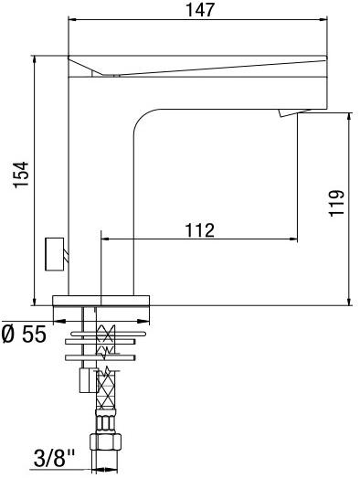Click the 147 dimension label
[x=198, y=10]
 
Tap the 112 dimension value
[x=198, y=228]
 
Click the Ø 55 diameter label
[x=23, y=335]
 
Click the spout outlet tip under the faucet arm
[x=286, y=112]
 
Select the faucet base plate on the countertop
[x=106, y=300]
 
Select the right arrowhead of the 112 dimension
[x=293, y=239]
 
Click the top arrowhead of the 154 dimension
[x=35, y=60]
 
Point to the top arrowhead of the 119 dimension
[x=350, y=118]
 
